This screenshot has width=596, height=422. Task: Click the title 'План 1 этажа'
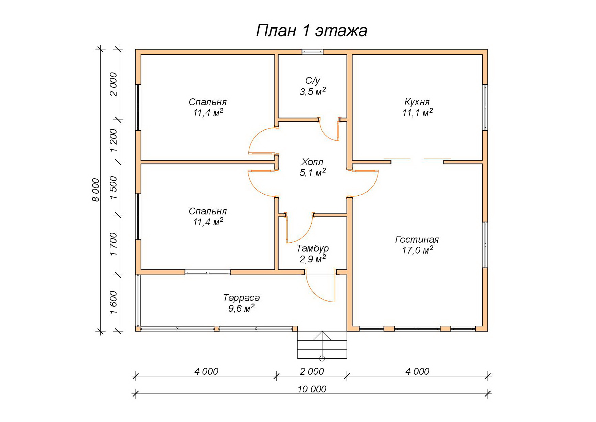[x=312, y=31]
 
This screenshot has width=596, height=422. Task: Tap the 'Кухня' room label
[x=417, y=102]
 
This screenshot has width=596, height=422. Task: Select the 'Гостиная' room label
[x=417, y=239]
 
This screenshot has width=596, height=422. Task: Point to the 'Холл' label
[x=312, y=162]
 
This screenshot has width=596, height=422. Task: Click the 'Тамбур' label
[x=313, y=248]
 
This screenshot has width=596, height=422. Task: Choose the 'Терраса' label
[x=241, y=298]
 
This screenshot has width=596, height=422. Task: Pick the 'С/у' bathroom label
[x=313, y=81]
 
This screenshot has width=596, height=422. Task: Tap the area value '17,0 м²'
[x=417, y=250]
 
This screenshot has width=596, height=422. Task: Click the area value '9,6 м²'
[x=241, y=308]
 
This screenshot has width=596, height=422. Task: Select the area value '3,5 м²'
[x=313, y=92]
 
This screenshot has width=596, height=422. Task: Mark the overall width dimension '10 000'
[x=312, y=389]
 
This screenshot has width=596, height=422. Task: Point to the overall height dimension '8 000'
[x=96, y=190]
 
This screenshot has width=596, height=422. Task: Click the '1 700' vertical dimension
[x=113, y=244]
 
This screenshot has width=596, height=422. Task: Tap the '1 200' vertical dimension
[x=113, y=141]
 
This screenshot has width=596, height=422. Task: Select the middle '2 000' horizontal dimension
[x=312, y=371]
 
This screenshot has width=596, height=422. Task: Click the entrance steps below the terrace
[x=322, y=345]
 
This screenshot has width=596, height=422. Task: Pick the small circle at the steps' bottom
[x=322, y=358]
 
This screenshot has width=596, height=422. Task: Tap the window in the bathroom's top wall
[x=313, y=52]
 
